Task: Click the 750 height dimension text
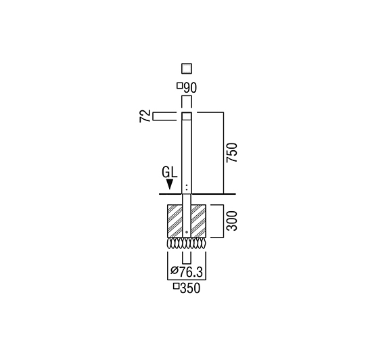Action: (x=232, y=152)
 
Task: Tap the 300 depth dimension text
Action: (x=232, y=221)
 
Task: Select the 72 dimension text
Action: (x=145, y=116)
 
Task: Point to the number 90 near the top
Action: (x=190, y=88)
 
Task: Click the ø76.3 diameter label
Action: (x=186, y=272)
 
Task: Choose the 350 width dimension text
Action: (x=190, y=288)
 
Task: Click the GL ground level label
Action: (x=169, y=173)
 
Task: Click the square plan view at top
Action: (x=187, y=68)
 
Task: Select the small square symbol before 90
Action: (x=179, y=86)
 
